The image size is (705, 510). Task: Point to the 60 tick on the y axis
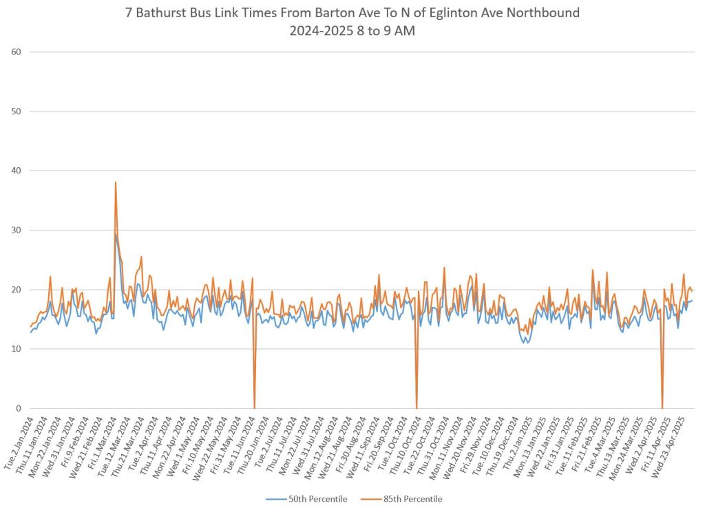pos(16,52)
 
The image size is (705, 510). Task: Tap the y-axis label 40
pos(16,171)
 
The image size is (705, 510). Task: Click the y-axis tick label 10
pos(16,349)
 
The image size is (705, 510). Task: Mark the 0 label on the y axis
pos(19,408)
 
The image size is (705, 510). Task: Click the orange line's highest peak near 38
pos(116,182)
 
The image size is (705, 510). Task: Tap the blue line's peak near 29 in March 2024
pos(116,235)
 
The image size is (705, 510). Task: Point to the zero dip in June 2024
pos(255,407)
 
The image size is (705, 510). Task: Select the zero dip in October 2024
pos(417,407)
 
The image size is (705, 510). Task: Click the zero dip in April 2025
pos(662,407)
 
